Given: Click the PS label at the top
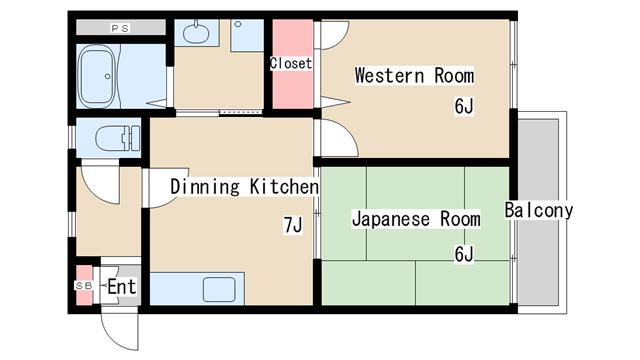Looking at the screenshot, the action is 120,28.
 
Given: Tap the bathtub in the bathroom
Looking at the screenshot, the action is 98,76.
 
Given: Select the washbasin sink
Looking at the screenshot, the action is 196,33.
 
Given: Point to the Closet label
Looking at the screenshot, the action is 291,63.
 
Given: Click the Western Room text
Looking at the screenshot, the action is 414,76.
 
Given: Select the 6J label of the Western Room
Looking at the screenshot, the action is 464,106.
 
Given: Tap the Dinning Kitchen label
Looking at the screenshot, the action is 244,187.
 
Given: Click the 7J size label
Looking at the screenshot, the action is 293,225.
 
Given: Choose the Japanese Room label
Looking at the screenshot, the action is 416,219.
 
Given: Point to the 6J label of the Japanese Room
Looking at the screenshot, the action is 464,254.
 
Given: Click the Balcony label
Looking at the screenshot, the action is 539,210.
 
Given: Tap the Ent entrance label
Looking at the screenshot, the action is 122,287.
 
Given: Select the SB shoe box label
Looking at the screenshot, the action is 84,286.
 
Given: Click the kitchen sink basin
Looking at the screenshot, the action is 219,289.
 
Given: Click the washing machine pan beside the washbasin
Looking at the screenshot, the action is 247,36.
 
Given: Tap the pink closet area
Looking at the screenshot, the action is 293,64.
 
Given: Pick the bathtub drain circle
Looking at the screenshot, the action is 107,76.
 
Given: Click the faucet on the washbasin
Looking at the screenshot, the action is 196,24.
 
